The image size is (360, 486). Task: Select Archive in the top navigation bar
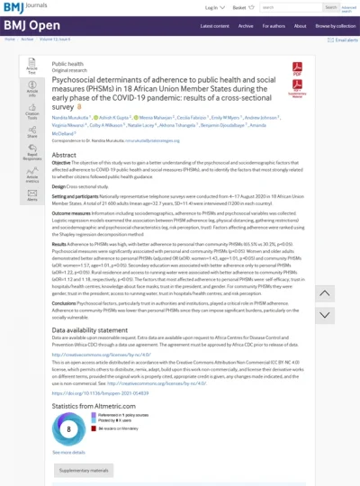coord(247,25)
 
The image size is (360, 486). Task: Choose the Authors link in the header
coord(273,25)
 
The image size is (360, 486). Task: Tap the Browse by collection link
coord(332,25)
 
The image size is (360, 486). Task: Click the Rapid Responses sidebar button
coord(31,154)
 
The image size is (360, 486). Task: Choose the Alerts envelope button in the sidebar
coord(31,196)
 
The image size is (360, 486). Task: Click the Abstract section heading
coord(64,155)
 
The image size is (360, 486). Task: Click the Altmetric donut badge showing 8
coord(69,428)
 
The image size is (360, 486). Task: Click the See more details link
coord(68,452)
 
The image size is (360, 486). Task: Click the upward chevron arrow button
coord(326,293)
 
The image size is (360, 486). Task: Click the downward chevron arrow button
coord(326,319)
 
